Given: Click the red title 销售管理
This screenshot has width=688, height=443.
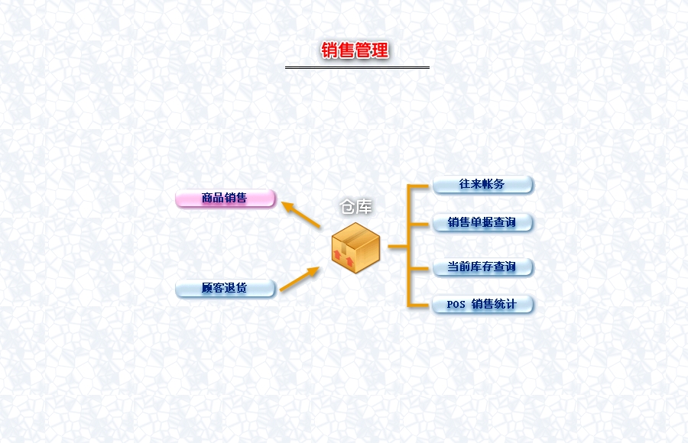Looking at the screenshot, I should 355,50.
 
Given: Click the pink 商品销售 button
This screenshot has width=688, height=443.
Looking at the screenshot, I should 225,199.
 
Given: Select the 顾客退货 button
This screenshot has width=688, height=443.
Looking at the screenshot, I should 225,289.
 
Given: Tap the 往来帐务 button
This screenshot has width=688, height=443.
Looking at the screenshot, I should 482,185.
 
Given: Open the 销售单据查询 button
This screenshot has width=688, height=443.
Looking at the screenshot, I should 482,223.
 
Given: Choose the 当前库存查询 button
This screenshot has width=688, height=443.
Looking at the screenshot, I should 482,267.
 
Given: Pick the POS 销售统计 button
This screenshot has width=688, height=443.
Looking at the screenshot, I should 482,305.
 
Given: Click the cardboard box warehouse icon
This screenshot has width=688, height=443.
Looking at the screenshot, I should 355,247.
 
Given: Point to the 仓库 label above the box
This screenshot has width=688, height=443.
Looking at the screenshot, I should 356,207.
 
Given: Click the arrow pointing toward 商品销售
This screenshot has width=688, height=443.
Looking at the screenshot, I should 300,215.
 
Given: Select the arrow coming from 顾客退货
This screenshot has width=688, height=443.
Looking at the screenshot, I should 299,279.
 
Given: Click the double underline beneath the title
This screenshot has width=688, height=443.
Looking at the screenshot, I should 357,67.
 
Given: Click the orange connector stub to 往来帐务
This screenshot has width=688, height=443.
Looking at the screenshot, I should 420,186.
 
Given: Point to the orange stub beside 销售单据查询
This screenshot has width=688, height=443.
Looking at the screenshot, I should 420,224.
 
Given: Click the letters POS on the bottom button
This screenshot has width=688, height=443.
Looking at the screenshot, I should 456,305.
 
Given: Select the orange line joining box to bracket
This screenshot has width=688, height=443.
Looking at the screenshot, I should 398,247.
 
